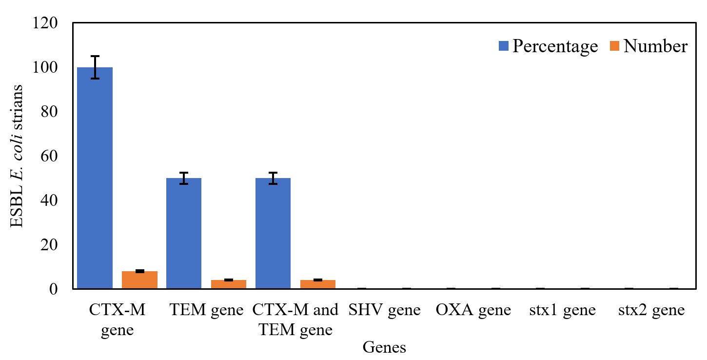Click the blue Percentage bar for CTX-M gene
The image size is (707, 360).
(x=95, y=178)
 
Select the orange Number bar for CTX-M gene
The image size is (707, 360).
(x=139, y=280)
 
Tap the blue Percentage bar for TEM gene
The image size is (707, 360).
(x=184, y=233)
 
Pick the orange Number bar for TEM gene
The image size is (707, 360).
(x=228, y=284)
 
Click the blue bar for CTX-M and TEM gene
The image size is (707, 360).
(x=273, y=233)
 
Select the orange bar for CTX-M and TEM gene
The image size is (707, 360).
(x=317, y=284)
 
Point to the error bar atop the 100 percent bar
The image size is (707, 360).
(x=95, y=67)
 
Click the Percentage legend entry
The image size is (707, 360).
(x=548, y=46)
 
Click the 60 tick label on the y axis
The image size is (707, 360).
(x=50, y=156)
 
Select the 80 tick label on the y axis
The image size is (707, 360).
(x=50, y=112)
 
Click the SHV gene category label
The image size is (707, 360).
(x=384, y=311)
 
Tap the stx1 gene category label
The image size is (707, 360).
(x=562, y=311)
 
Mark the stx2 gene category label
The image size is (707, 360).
(x=651, y=311)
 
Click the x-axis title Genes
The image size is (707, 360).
(x=384, y=347)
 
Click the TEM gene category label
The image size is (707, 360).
(x=206, y=311)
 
